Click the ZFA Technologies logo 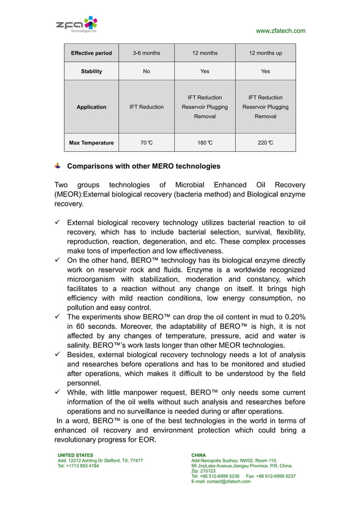77,25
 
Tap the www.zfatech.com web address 280,30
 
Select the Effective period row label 91,53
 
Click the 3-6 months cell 146,53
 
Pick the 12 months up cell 265,53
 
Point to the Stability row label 91,71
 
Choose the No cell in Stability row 146,71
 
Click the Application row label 91,107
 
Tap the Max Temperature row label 91,143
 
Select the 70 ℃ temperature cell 146,143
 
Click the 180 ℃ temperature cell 205,143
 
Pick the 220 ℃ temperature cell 265,143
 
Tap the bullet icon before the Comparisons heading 58,166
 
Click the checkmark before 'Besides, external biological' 58,355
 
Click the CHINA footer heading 199,455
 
